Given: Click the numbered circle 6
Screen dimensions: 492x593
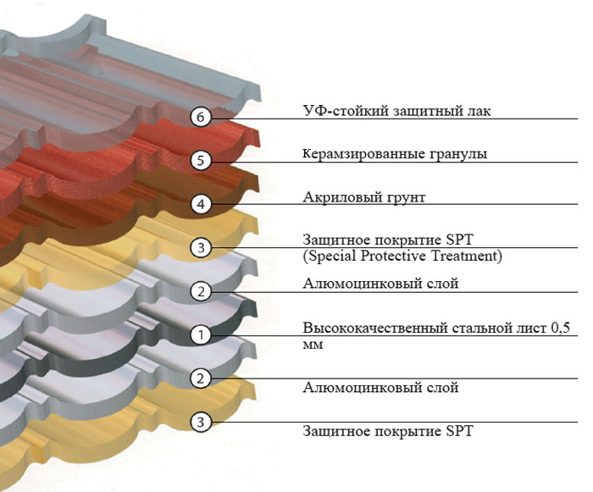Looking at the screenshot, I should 200,117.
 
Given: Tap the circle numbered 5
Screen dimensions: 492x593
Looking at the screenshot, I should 200,160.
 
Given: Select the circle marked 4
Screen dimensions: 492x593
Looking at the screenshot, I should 200,204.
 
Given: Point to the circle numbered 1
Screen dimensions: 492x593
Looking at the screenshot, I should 200,335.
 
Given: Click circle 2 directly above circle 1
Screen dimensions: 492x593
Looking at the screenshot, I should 200,292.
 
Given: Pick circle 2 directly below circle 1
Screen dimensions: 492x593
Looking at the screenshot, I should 200,379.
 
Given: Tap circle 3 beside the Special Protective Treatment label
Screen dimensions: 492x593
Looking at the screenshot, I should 200,248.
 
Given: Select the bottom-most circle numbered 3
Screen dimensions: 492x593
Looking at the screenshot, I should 200,422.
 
